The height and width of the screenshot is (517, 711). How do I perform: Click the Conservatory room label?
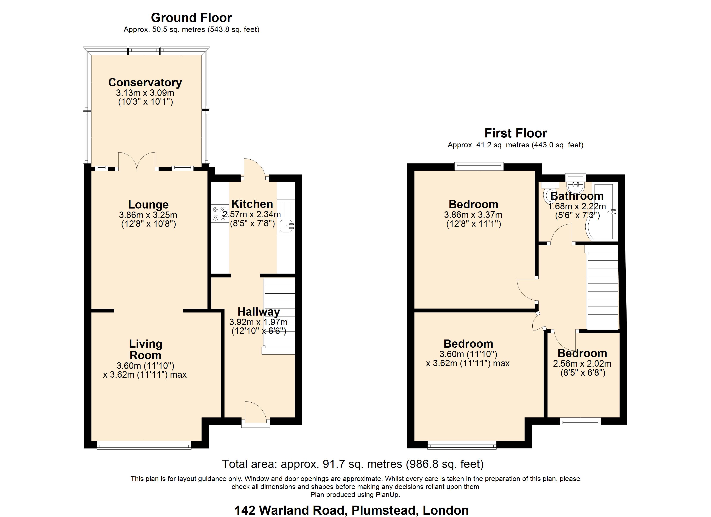pyautogui.click(x=145, y=83)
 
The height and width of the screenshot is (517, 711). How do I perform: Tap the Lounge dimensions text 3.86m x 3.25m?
pyautogui.click(x=148, y=215)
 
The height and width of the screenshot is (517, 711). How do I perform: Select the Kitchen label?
pyautogui.click(x=252, y=204)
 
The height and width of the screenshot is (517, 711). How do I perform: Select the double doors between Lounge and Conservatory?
pyautogui.click(x=137, y=161)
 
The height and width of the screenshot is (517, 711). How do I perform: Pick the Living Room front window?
pyautogui.click(x=144, y=445)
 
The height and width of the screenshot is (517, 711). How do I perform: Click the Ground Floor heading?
pyautogui.click(x=191, y=18)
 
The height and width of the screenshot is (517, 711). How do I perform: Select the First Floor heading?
pyautogui.click(x=516, y=133)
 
